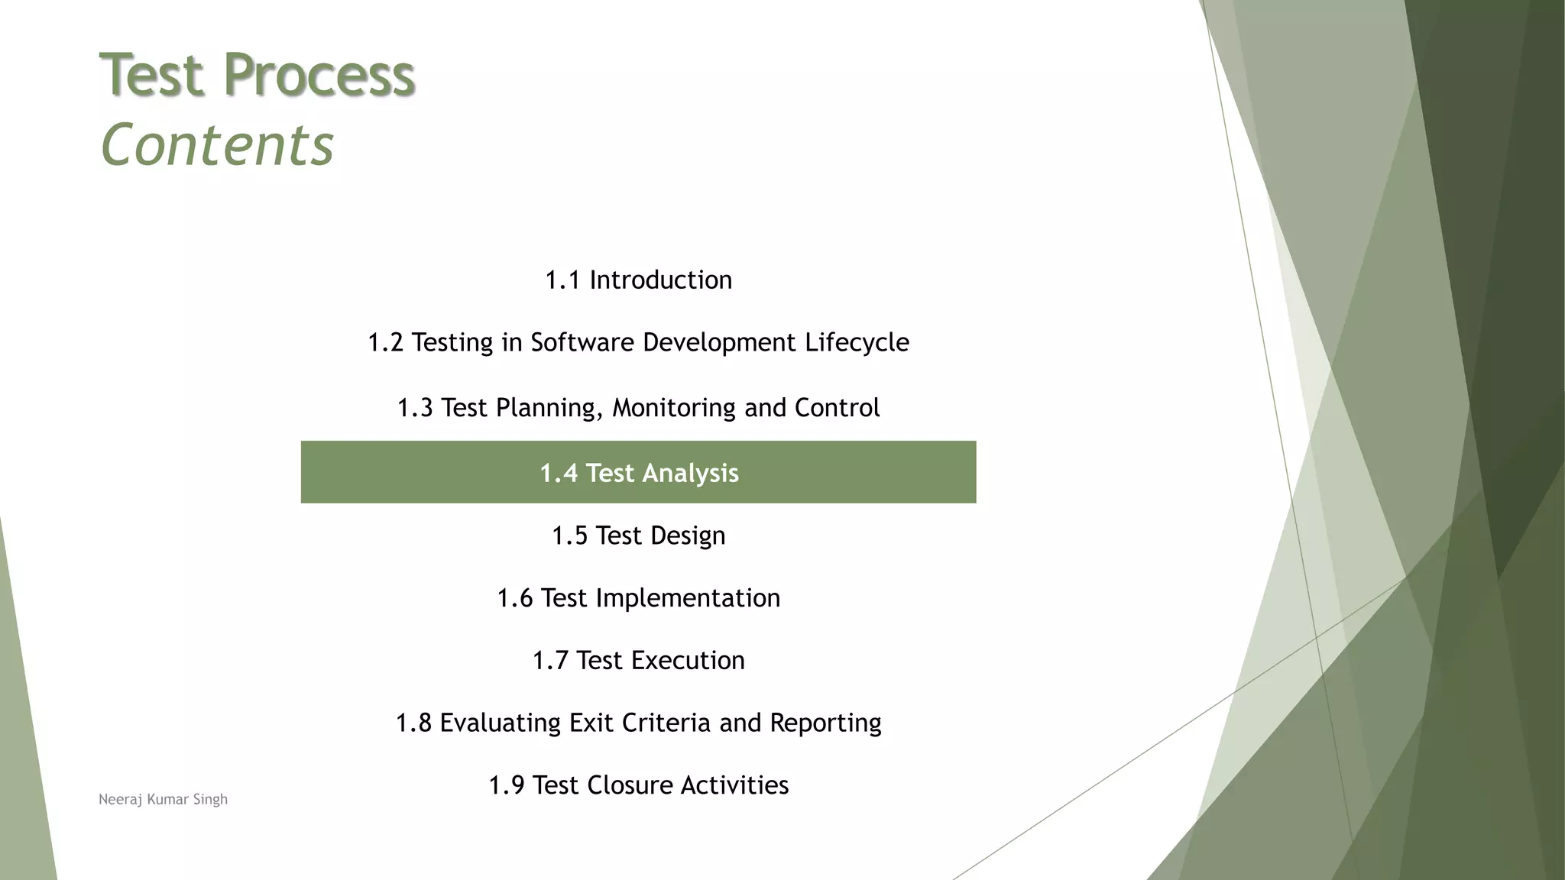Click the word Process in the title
coord(319,76)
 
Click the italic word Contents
coord(217,145)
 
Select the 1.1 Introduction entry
coord(638,280)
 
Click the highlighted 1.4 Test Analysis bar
coord(638,473)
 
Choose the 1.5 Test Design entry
coord(638,536)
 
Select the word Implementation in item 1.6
coord(688,598)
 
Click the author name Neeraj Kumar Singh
coord(163,800)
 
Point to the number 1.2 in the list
coord(385,343)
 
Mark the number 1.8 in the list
coord(413,723)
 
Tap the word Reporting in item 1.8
coord(825,723)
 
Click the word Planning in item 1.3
coord(549,408)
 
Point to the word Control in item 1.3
coord(837,408)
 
